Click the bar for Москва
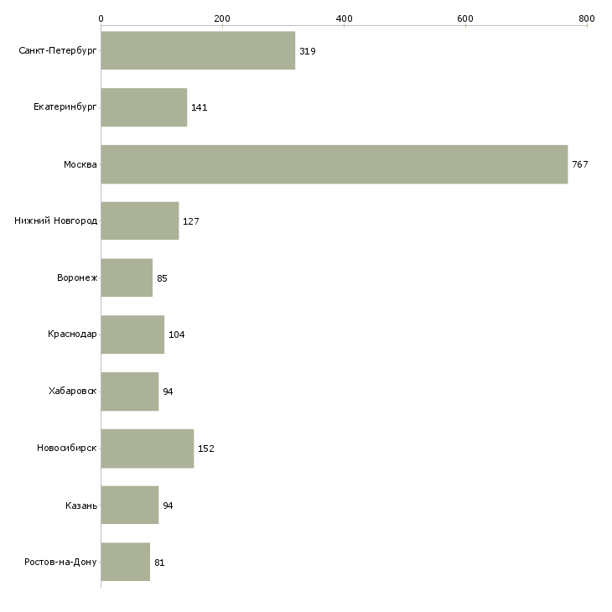tap(335, 164)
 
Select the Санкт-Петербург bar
tap(199, 50)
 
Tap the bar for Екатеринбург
tap(144, 107)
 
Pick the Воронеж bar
tap(127, 277)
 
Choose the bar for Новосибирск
tap(148, 449)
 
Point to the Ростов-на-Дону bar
tap(126, 562)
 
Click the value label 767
tap(580, 164)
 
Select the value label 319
tap(308, 51)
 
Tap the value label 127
tap(191, 221)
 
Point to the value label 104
tap(176, 335)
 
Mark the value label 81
tap(159, 563)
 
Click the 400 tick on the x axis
tap(344, 18)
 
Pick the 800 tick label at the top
tap(587, 18)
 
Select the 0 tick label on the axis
tap(101, 18)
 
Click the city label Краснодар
tap(72, 335)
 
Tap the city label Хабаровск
tap(73, 391)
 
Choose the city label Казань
tap(81, 506)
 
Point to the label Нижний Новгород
tap(56, 220)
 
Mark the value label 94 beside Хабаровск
tap(168, 392)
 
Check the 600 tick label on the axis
tap(465, 18)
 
